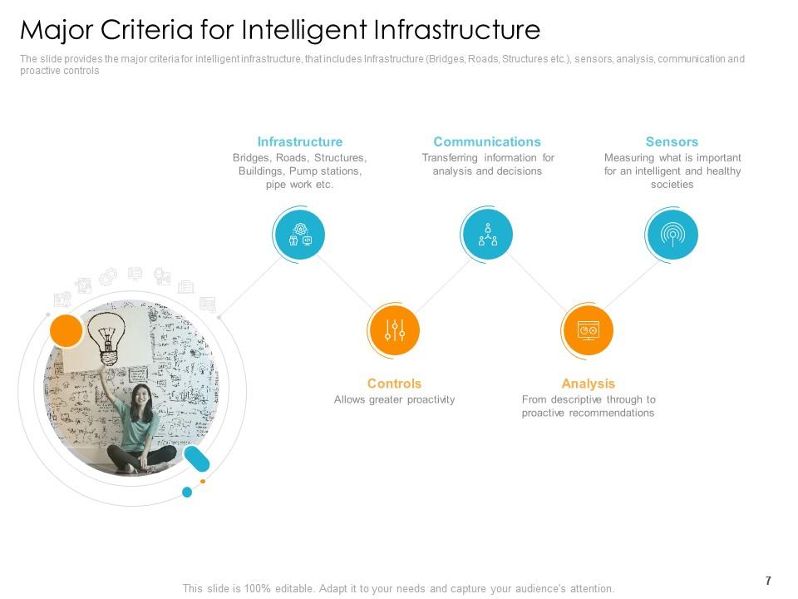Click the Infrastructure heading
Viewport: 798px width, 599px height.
pos(299,141)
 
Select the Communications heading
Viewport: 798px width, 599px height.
pos(487,141)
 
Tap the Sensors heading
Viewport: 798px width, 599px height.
pos(672,141)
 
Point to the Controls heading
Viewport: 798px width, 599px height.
pos(394,384)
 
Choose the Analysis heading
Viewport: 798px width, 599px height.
pos(588,384)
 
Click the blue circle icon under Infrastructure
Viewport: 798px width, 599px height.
pos(299,235)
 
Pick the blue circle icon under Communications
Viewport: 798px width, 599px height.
pos(487,235)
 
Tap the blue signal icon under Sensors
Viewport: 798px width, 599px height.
pos(672,235)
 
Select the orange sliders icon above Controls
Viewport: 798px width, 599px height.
pos(394,330)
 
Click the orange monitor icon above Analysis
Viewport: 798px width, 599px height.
pos(588,330)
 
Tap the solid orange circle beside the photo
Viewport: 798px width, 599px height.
pos(66,330)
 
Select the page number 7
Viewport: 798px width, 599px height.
pos(768,581)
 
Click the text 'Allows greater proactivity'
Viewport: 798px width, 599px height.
pos(394,399)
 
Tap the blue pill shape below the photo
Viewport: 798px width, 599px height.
pos(197,458)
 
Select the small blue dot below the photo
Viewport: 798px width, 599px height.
pos(187,493)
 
